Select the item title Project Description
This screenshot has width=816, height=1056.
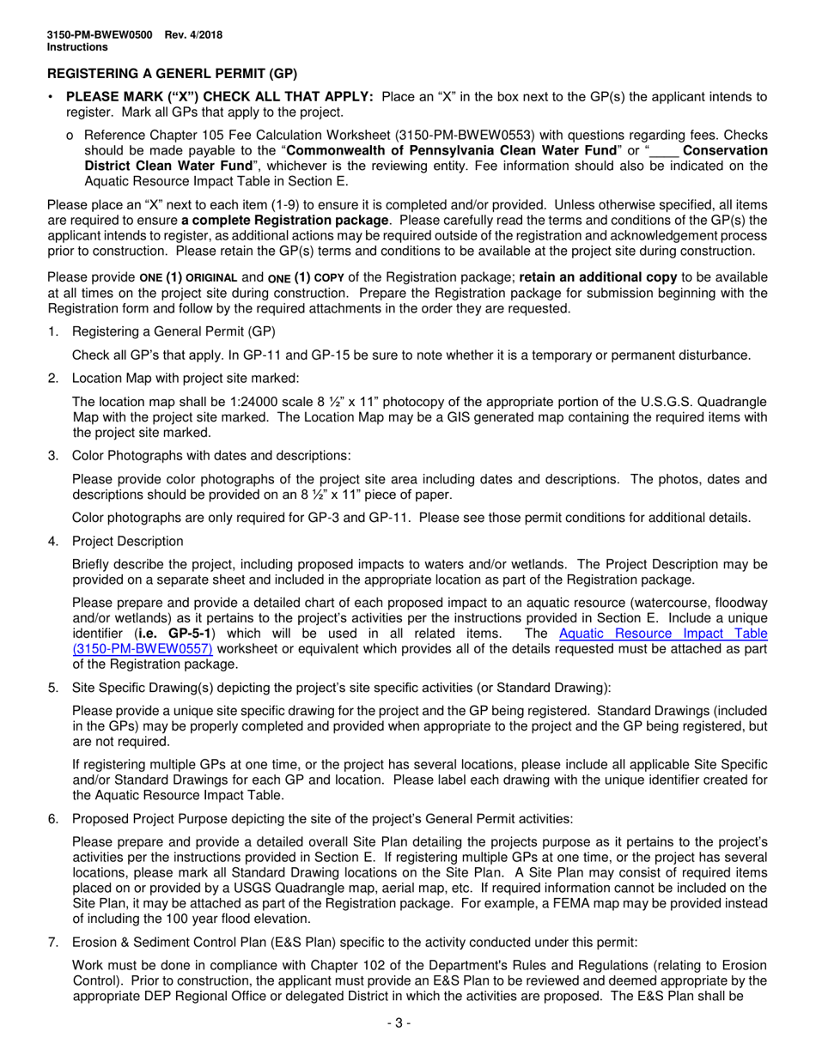point(128,541)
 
